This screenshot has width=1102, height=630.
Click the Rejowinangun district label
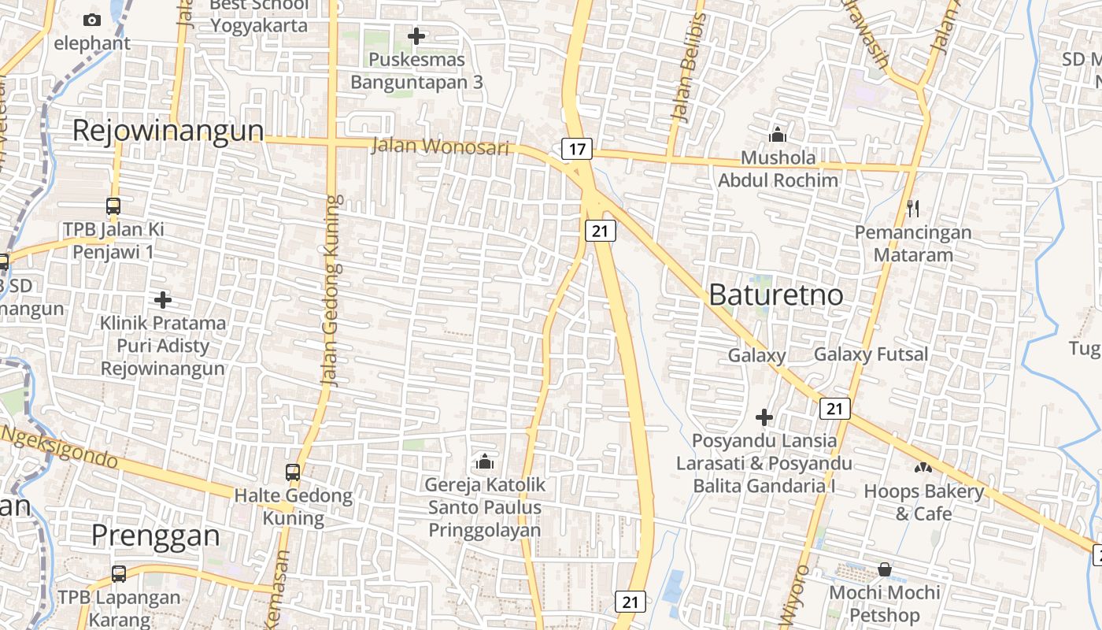pos(168,131)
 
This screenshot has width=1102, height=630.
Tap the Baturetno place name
pos(776,295)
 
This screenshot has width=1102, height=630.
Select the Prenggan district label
pos(156,535)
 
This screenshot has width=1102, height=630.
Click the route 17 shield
pos(577,148)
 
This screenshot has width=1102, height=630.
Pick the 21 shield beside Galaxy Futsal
pos(835,408)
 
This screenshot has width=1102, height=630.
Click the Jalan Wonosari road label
pos(440,146)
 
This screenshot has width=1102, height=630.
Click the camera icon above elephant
pos(92,20)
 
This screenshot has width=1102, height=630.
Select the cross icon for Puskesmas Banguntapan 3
pos(416,36)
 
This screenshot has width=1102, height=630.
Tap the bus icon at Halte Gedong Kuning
pos(293,472)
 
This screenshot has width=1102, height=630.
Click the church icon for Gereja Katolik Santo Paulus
pos(485,461)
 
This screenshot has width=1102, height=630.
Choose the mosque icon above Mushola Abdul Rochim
pos(778,135)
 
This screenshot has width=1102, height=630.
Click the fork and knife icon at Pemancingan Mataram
pos(913,209)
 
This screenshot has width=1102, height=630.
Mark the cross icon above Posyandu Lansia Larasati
pos(764,417)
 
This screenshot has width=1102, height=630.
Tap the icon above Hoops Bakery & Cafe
pos(923,468)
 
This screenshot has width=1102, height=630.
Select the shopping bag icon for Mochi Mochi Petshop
pos(885,569)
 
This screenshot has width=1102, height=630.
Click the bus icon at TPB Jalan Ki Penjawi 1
pos(113,206)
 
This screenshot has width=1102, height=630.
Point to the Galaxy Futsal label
pos(871,354)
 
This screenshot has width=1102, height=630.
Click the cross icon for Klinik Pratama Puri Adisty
pos(163,300)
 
